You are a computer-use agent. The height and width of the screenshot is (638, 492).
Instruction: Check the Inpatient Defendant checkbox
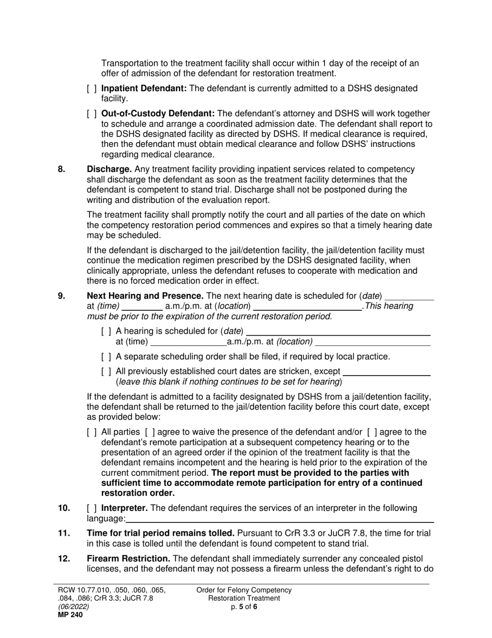(92, 89)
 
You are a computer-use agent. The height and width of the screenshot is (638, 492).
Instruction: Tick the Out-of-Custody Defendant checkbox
(92, 114)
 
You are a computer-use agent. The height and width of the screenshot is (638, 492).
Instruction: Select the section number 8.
(62, 170)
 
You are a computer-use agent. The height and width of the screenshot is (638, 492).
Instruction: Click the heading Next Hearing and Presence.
(145, 296)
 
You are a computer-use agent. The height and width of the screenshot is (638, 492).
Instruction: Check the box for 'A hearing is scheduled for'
(106, 331)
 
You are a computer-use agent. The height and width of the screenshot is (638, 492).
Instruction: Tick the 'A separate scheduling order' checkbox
(106, 357)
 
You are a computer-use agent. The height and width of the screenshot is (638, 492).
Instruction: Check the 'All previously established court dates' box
(106, 371)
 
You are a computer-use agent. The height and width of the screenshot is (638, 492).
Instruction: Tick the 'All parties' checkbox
(92, 432)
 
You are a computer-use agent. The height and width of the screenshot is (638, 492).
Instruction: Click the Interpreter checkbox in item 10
(92, 508)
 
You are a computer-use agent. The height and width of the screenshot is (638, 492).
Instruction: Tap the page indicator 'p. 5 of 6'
(244, 607)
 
